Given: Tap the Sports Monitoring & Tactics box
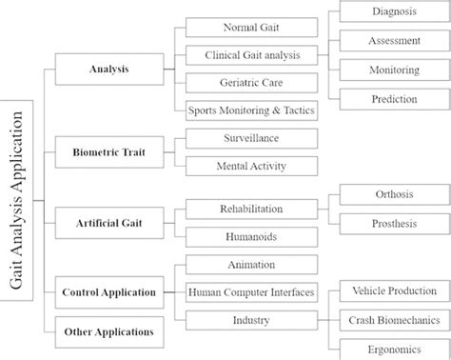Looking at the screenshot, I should [x=249, y=110].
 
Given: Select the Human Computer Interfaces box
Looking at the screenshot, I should [x=249, y=290].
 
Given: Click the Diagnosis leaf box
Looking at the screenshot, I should [x=393, y=12].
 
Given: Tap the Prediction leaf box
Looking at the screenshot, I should [x=393, y=97].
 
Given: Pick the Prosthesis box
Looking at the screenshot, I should [x=393, y=222].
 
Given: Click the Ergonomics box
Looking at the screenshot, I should [x=393, y=347].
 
